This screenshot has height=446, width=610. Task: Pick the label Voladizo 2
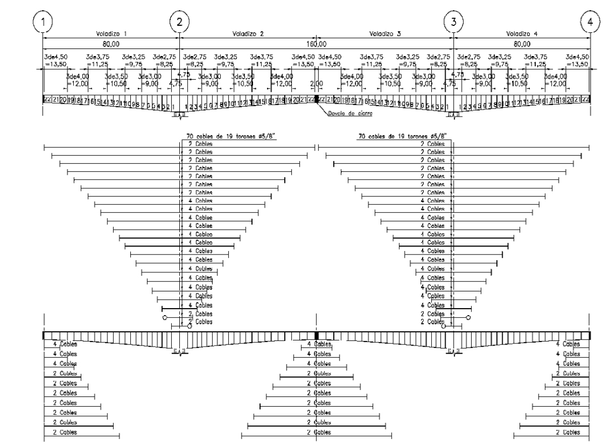245,34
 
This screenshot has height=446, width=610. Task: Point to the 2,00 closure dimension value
316,83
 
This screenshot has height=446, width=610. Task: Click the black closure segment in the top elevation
316,100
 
